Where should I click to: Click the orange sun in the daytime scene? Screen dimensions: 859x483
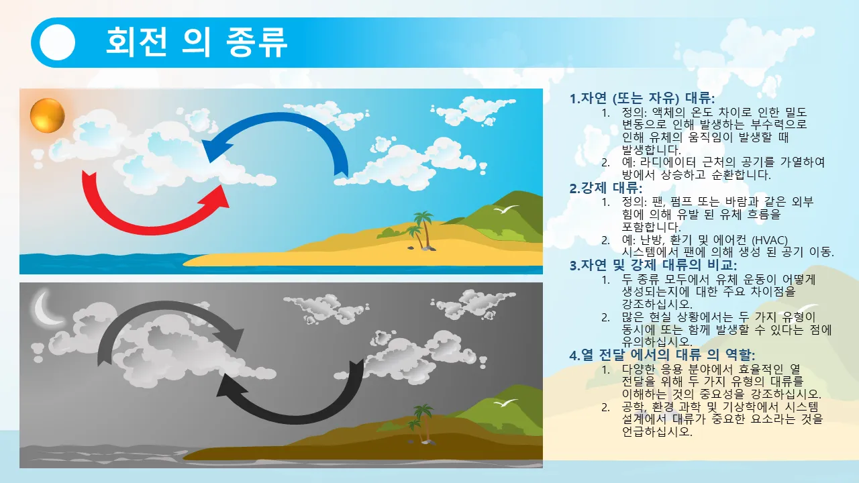point(48,115)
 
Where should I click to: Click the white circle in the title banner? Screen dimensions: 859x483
point(57,42)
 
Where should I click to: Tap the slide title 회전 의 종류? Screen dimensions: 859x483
point(197,42)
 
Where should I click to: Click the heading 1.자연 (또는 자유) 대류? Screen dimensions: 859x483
point(642,99)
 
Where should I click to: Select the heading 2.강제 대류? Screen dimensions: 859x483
point(605,188)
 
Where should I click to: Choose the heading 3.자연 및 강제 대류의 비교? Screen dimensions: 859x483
point(653,265)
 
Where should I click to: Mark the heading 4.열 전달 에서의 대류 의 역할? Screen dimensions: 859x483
point(662,355)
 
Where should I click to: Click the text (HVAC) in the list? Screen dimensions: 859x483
point(769,240)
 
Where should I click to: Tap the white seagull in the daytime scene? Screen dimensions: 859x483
point(506,209)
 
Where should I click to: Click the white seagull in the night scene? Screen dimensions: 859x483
point(506,403)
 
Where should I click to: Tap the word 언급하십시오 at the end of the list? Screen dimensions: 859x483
point(657,431)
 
